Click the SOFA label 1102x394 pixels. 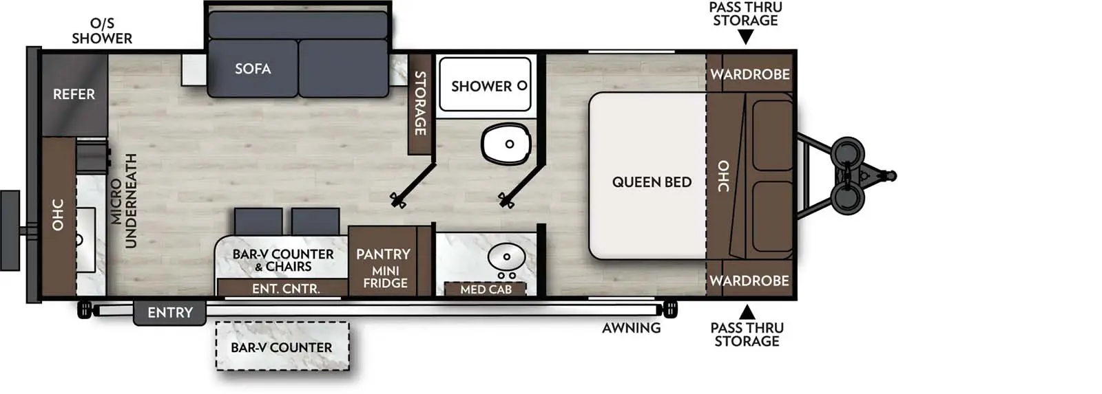[253, 69]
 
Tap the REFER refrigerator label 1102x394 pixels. [74, 94]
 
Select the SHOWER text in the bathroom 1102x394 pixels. [481, 87]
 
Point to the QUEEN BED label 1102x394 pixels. [652, 182]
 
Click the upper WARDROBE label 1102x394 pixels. [750, 74]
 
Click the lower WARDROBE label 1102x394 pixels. [749, 281]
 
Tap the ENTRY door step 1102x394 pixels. [169, 313]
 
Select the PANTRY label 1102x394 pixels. [383, 254]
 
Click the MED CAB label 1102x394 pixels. [486, 289]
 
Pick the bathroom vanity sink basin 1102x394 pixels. [506, 257]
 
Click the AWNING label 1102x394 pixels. [631, 328]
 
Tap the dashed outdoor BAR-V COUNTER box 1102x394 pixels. [282, 347]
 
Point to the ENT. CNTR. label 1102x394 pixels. [286, 289]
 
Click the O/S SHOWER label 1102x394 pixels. [102, 32]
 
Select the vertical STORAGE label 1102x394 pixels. [419, 103]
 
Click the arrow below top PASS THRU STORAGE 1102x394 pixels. [745, 38]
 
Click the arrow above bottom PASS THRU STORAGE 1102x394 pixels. [747, 312]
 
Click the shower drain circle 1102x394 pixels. [522, 86]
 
